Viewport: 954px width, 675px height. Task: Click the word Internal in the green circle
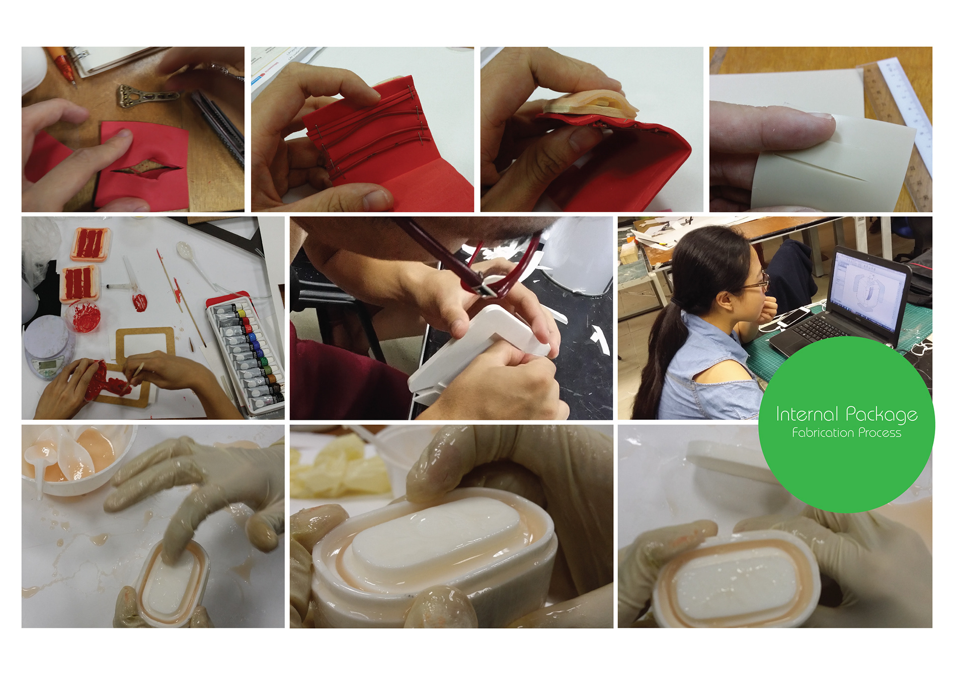click(x=807, y=414)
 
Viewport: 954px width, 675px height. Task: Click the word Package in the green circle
click(x=881, y=415)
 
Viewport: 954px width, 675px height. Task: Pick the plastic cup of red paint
click(x=83, y=315)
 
